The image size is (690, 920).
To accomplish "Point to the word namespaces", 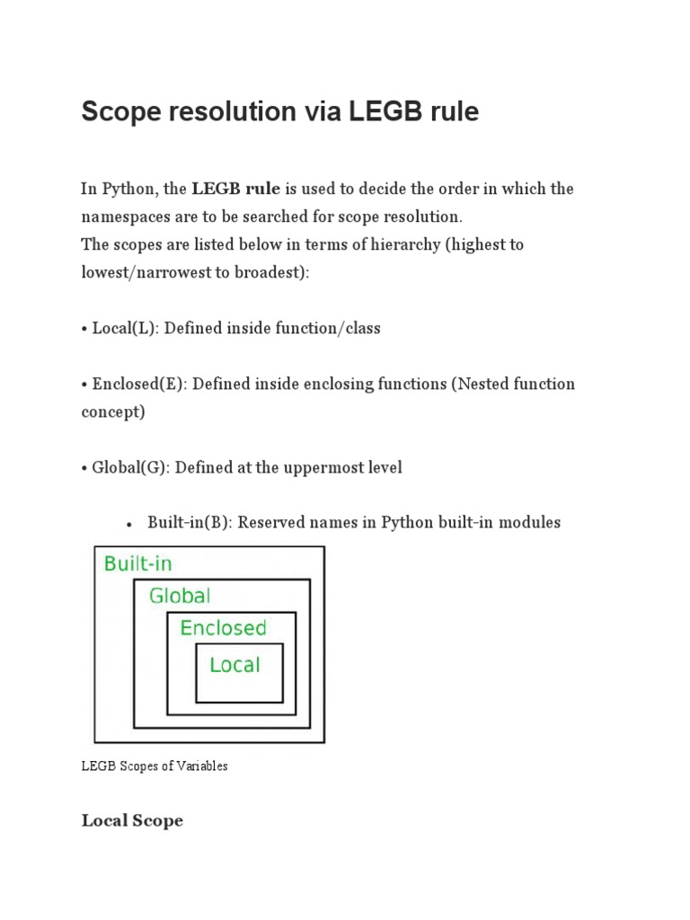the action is tap(126, 217).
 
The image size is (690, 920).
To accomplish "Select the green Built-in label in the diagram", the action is tap(138, 564).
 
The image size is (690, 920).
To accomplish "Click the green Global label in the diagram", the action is tap(180, 595).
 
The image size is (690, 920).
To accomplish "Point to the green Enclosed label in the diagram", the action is tap(223, 627).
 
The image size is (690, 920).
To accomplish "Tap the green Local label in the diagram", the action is tap(234, 665).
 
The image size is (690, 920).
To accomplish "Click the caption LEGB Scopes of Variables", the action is tap(155, 766).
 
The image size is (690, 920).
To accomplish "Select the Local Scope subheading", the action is tap(132, 820).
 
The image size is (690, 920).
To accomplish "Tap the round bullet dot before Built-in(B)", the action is tap(129, 524).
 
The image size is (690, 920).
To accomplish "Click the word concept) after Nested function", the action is tap(112, 411).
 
